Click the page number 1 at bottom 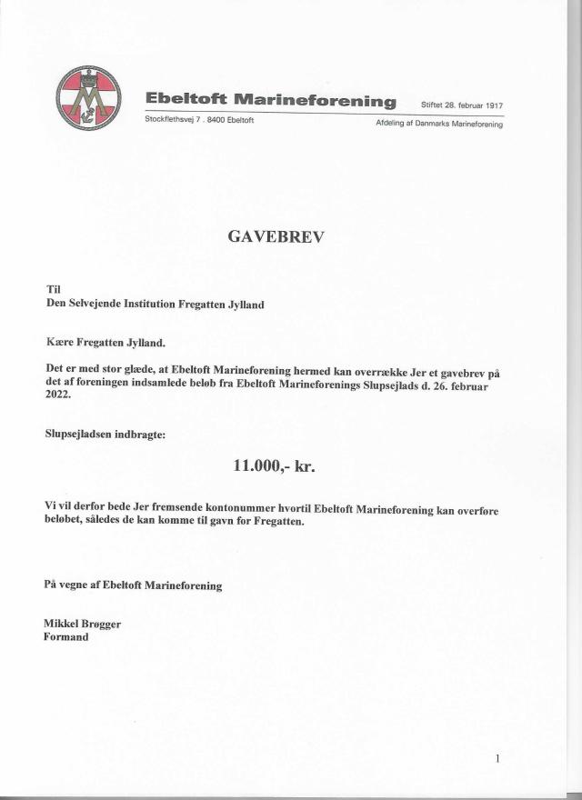pos(498,757)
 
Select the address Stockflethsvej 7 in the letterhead pos(176,121)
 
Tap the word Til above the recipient pos(53,290)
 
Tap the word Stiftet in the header pos(431,106)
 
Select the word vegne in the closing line pos(76,585)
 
